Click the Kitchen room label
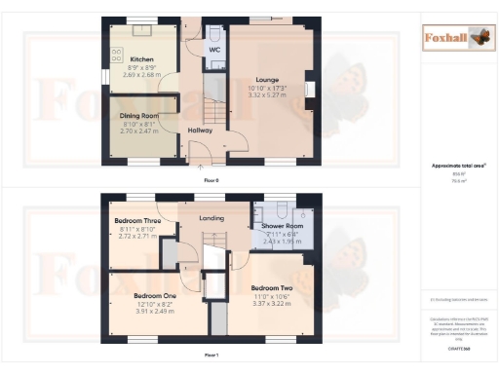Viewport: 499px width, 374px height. coord(141,57)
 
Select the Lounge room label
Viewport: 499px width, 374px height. coord(268,80)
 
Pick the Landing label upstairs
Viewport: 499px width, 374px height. coord(211,218)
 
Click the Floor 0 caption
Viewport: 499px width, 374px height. coord(211,181)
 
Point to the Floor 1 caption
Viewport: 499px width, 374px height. coord(211,356)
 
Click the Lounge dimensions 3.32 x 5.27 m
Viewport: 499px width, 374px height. coord(268,95)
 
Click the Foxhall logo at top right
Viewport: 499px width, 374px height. coord(456,38)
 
